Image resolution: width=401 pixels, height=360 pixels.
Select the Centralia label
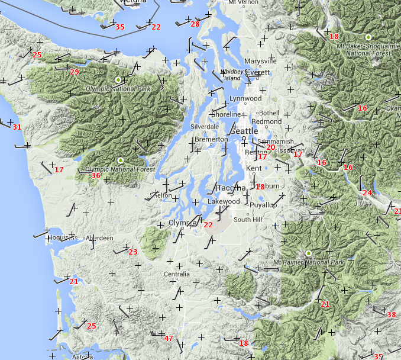(177, 274)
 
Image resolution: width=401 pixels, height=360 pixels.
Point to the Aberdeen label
(99, 238)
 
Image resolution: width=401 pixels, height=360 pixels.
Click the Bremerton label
(211, 139)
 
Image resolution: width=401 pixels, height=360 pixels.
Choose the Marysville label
(260, 61)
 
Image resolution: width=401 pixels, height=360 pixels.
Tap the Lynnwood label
(245, 98)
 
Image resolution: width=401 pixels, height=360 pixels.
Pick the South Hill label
(247, 220)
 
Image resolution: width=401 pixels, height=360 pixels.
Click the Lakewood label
(224, 201)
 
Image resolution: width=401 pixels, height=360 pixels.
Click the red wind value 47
(169, 339)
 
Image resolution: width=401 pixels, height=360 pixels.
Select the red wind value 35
(120, 27)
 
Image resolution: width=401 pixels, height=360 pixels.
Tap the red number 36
(96, 175)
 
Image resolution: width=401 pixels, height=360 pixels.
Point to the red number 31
(17, 127)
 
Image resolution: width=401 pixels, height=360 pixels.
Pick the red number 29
(75, 72)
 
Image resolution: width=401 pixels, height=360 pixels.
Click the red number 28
(195, 24)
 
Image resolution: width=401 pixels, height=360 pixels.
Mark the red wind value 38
(392, 315)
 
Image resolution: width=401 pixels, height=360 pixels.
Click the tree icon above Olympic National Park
(118, 79)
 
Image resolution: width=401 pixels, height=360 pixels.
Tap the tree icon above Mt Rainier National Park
(308, 253)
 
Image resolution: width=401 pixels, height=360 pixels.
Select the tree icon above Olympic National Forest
(121, 160)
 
